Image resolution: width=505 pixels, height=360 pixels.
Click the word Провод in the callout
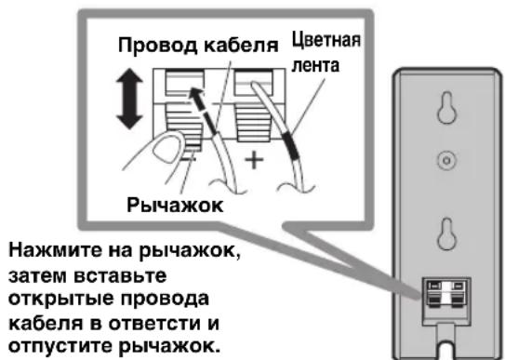pyautogui.click(x=158, y=46)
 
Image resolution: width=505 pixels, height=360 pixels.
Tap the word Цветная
pyautogui.click(x=326, y=41)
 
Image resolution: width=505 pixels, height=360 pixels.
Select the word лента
pyautogui.click(x=315, y=66)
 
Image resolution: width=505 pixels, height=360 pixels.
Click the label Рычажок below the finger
pyautogui.click(x=175, y=206)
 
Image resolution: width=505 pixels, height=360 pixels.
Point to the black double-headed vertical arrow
pyautogui.click(x=130, y=99)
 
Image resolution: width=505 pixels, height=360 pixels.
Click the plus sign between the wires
pyautogui.click(x=254, y=160)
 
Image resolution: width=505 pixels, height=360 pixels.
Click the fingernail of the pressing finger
pyautogui.click(x=167, y=150)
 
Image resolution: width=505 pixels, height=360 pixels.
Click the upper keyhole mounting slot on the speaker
pyautogui.click(x=446, y=108)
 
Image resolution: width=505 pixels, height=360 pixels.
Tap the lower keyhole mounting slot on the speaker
pyautogui.click(x=446, y=234)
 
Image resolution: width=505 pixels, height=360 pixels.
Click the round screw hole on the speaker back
pyautogui.click(x=446, y=160)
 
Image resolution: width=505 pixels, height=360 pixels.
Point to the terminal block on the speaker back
pyautogui.click(x=446, y=294)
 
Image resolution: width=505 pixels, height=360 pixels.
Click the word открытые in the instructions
pyautogui.click(x=60, y=300)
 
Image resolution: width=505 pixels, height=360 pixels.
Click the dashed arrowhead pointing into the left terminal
pyautogui.click(x=196, y=94)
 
